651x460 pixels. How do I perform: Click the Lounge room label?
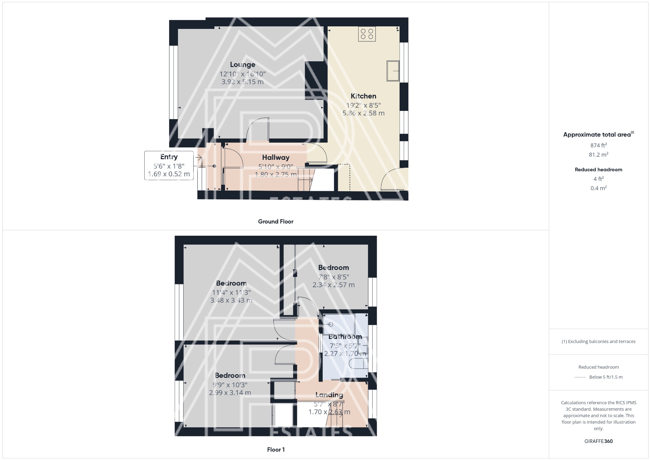coord(243,64)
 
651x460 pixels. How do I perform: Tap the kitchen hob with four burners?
coord(367,34)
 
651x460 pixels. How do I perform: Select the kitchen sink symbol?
coord(393,71)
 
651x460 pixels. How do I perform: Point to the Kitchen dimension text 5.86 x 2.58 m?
coord(363,113)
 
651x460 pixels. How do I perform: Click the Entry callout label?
coord(169,157)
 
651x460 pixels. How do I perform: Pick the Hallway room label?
coord(276,158)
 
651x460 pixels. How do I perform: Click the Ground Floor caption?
coord(276,222)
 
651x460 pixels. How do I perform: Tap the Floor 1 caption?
coord(276,450)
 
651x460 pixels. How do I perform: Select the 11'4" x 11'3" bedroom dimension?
coord(231,292)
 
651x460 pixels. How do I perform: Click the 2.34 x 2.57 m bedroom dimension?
coord(333,285)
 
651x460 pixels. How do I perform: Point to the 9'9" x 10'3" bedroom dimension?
coord(230,384)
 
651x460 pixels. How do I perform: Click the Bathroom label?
coord(345,336)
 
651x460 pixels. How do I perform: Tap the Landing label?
coord(329,395)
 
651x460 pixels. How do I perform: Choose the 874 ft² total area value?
coord(599,145)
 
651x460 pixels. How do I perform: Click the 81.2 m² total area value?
coord(599,155)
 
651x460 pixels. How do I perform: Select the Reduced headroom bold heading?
coord(599,170)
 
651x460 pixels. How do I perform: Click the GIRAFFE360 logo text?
coord(599,441)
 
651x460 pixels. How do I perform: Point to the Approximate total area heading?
coord(597,135)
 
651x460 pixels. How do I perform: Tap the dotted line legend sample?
coord(580,377)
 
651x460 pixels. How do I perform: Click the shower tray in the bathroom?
coord(339,324)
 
